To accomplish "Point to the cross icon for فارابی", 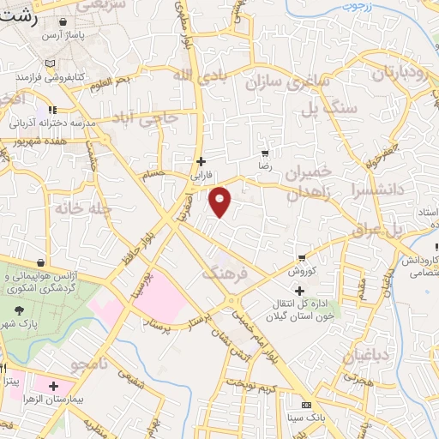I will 201,160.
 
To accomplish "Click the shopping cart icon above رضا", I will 275,152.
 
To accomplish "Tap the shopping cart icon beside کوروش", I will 302,258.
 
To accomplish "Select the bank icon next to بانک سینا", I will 306,405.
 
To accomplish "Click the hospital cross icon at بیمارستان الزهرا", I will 54,388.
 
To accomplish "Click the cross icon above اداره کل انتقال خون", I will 299,292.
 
